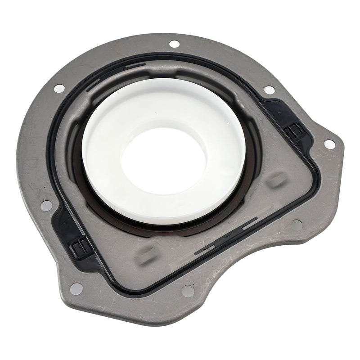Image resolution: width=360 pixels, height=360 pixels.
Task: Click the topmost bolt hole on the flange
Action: click(174, 44)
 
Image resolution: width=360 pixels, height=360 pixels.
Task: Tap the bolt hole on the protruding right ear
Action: click(329, 144)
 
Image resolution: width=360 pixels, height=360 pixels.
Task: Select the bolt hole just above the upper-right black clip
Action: click(269, 90)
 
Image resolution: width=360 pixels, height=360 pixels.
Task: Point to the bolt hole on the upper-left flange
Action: click(59, 89)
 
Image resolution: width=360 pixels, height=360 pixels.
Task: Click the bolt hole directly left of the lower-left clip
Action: click(46, 206)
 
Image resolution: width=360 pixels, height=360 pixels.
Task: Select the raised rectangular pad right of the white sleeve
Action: click(276, 180)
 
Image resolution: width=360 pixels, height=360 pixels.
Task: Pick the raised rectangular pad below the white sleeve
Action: click(145, 255)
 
